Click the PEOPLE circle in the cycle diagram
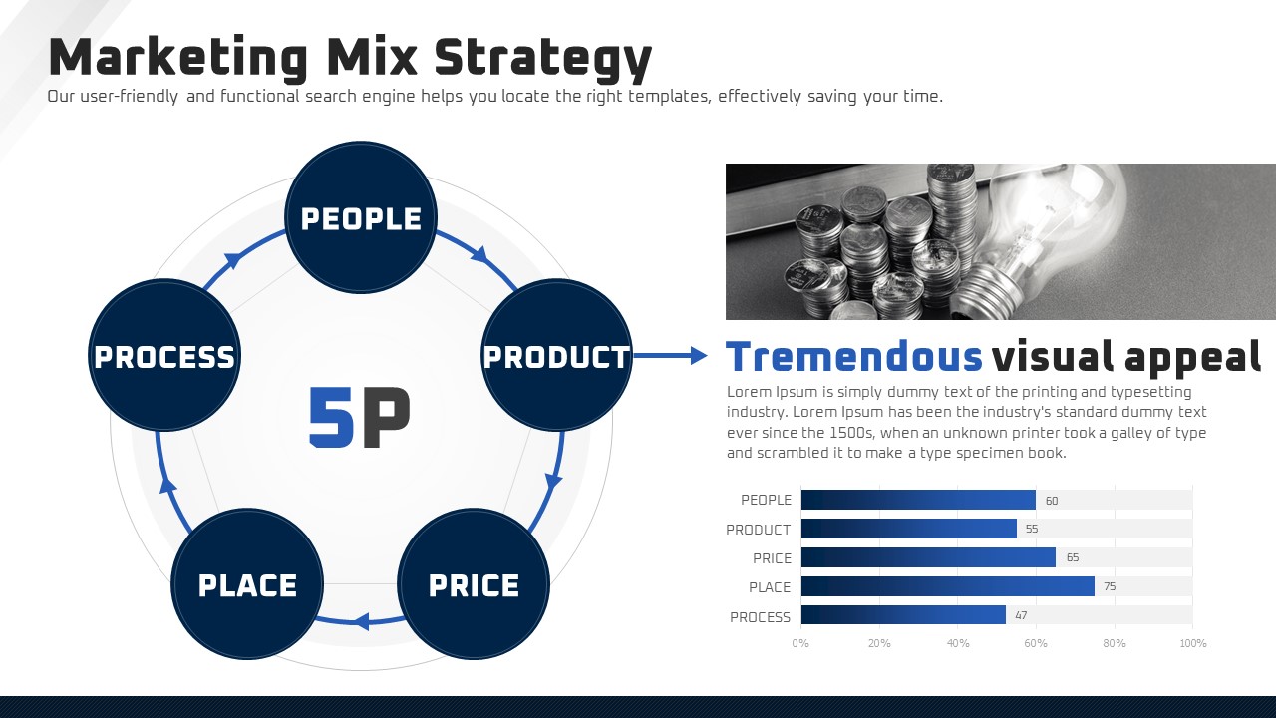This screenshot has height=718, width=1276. point(361,217)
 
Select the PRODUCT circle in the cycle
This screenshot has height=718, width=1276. point(556,355)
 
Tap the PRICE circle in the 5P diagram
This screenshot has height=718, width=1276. point(474,584)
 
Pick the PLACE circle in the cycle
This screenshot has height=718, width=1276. point(247,584)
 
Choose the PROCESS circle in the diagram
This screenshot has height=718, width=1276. point(164,355)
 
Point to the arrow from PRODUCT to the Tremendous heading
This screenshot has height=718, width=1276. point(671,356)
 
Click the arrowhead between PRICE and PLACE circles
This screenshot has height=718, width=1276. point(361,620)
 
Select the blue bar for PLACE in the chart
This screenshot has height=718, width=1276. point(948,586)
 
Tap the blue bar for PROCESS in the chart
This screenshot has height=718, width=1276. point(903,615)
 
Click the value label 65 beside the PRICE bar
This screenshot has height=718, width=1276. point(1073,557)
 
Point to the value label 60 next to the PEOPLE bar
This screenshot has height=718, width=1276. point(1052,501)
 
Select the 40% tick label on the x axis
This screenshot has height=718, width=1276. point(958,643)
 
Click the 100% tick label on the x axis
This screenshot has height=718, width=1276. point(1193,643)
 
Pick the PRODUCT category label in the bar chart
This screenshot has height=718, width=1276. point(759,530)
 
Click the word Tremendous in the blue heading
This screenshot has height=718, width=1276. point(854,357)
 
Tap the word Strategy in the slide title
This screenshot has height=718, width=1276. point(542,59)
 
